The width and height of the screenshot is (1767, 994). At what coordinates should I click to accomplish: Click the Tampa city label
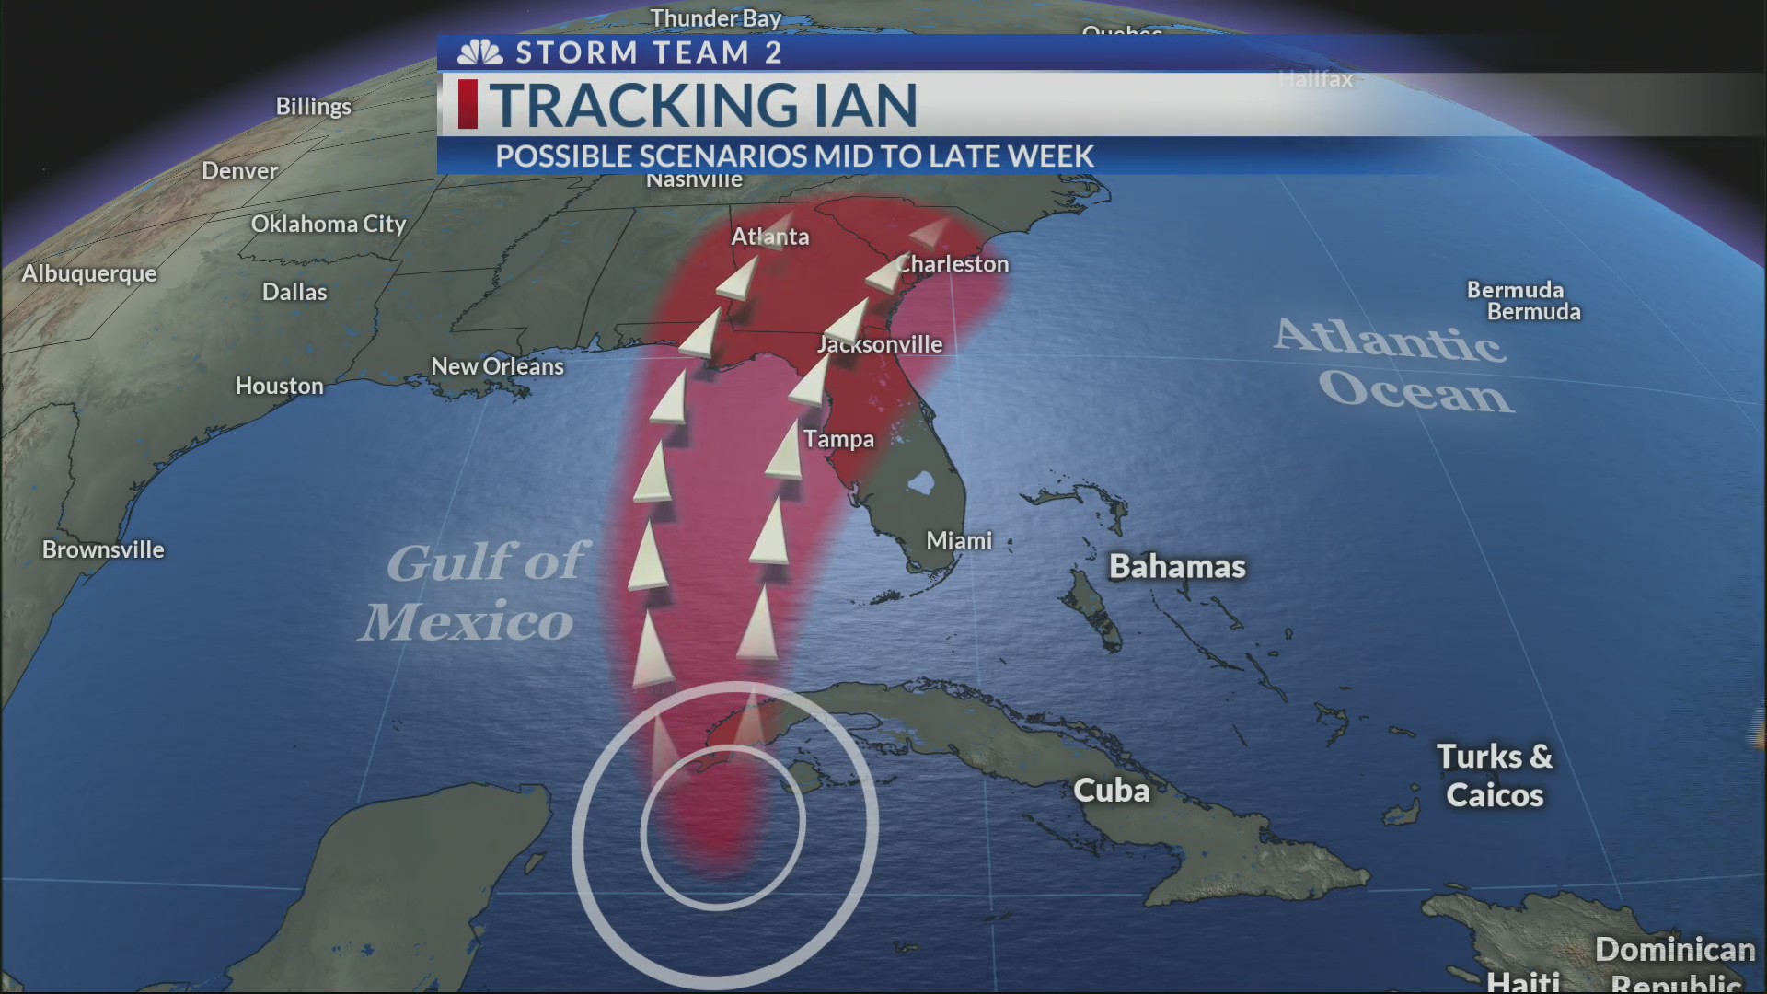tap(838, 439)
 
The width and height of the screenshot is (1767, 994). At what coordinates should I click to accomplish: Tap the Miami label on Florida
tap(959, 540)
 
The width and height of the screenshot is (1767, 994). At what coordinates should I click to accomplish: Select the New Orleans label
tap(497, 366)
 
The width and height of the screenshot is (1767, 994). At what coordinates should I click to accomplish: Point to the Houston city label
tap(279, 386)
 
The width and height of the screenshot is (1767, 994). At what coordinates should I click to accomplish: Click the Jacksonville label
tap(880, 344)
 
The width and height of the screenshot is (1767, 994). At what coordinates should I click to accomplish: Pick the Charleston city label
tap(953, 264)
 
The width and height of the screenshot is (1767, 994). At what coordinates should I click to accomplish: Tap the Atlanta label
tap(770, 237)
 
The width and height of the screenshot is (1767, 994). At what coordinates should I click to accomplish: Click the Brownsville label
tap(103, 549)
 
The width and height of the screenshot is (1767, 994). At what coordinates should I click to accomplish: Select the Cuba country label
tap(1111, 791)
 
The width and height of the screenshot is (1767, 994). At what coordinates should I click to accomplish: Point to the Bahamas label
tap(1177, 566)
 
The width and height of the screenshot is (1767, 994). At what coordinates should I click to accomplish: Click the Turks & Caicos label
tap(1495, 776)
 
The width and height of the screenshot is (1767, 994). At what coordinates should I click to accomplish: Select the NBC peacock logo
tap(480, 52)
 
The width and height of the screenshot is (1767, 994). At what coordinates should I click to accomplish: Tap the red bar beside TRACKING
tap(468, 104)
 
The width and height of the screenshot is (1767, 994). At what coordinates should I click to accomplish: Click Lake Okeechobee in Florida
tap(919, 482)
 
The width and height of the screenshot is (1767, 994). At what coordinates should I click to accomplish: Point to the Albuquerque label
tap(89, 273)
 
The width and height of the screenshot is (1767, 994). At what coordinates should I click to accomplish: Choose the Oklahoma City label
tap(329, 224)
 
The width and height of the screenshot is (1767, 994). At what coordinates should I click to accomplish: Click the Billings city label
tap(313, 107)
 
